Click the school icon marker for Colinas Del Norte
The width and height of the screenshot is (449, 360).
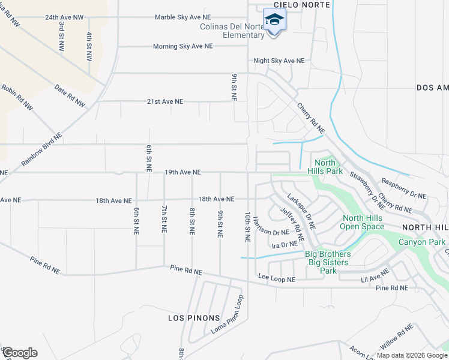coord(274,20)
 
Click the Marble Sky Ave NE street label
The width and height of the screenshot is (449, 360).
coord(182,17)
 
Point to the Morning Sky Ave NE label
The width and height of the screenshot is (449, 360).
coord(182,46)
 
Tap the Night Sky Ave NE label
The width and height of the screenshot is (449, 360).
coord(279,61)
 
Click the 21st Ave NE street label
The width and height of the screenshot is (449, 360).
coord(165,101)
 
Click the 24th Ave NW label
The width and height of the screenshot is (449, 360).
coord(64,17)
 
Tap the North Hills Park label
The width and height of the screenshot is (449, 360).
coord(325,167)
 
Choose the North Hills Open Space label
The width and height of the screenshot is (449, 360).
coord(361,222)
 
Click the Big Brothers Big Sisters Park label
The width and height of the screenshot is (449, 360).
coord(328,262)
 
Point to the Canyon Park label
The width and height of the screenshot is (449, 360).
coord(424,242)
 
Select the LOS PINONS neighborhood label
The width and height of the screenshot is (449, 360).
coord(194,317)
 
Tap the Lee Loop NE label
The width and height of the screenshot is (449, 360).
coord(277,280)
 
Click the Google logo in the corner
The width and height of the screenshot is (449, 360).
coord(19,353)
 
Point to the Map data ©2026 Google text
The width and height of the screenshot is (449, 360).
coord(411,355)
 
